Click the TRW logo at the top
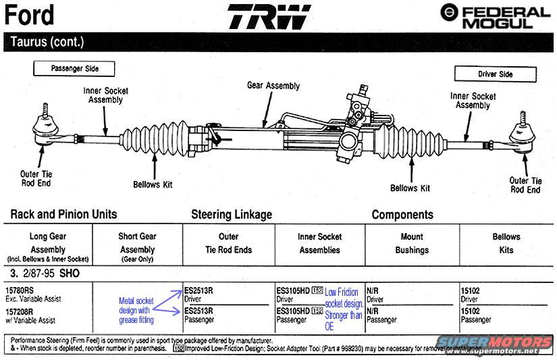click(269, 18)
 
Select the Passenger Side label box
click(74, 68)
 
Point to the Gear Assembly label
click(273, 86)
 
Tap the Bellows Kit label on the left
click(157, 184)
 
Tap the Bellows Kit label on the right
click(410, 188)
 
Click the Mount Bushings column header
click(412, 243)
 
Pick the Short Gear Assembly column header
click(138, 243)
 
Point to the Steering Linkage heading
click(232, 215)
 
